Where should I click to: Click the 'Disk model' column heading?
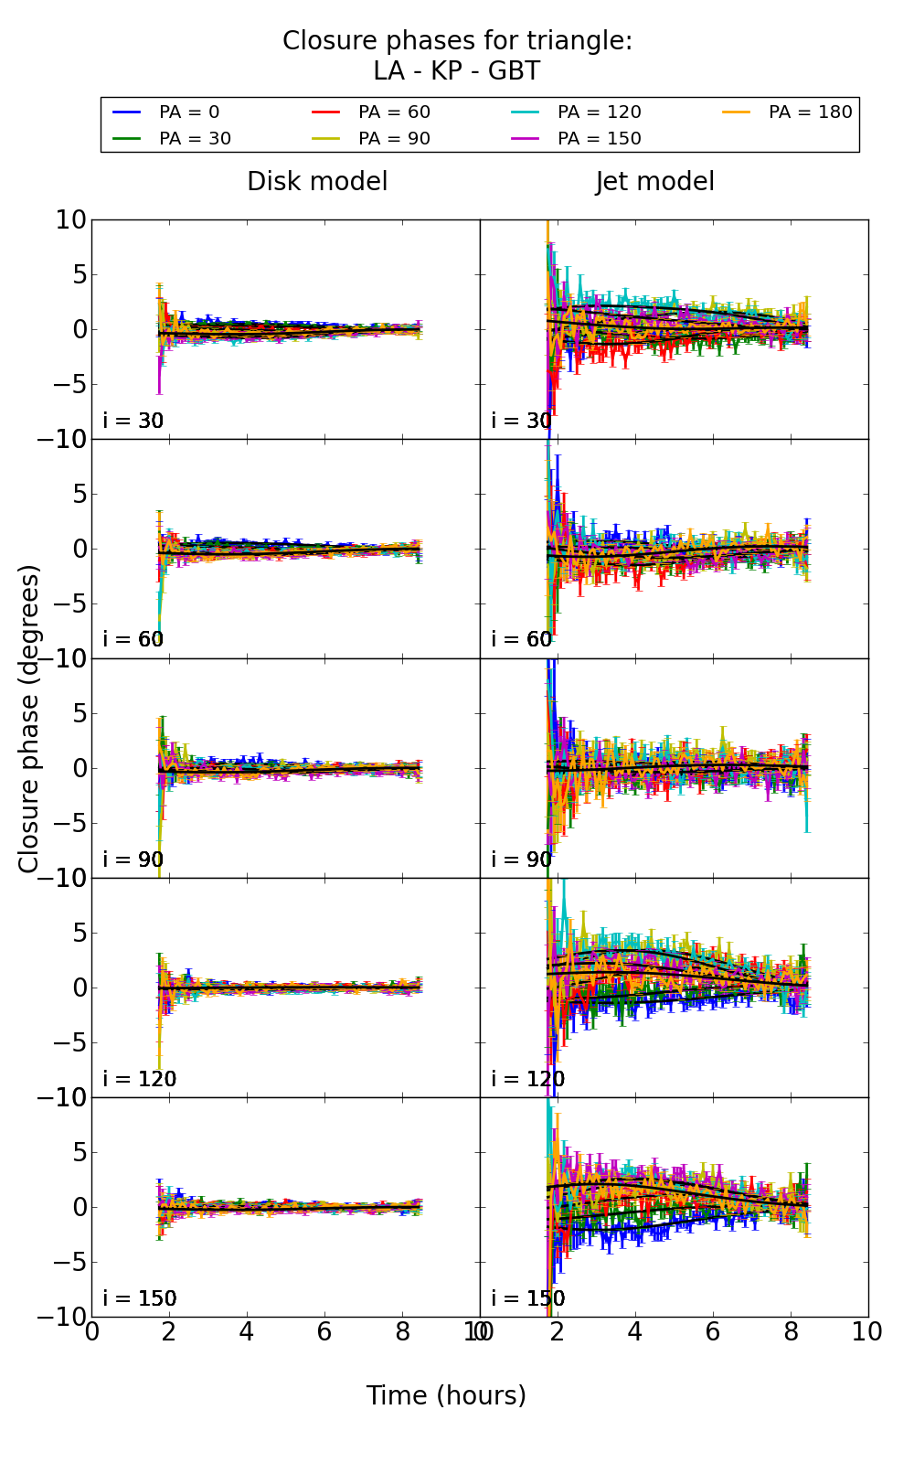(317, 182)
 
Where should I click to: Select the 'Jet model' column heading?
(654, 182)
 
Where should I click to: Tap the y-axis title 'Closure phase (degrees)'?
(29, 719)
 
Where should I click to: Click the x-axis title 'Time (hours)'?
(446, 1396)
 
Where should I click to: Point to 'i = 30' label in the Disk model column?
(133, 421)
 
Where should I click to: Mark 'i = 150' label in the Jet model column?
(528, 1298)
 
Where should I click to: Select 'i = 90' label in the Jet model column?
(522, 860)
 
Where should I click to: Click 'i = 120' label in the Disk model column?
(140, 1079)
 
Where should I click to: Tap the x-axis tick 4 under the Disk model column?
(247, 1332)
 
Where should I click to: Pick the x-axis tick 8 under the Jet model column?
(790, 1332)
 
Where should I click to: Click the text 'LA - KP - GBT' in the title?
(457, 71)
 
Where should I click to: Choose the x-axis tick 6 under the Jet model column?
(712, 1332)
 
